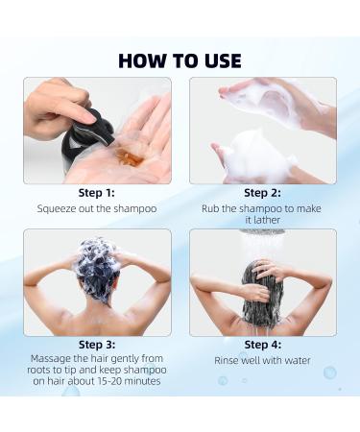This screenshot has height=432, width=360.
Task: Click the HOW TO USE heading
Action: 180,60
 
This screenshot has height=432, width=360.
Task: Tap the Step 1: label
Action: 96,193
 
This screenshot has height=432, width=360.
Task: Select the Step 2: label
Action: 262,193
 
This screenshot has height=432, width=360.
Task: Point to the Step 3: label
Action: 96,344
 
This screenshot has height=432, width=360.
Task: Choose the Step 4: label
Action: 262,344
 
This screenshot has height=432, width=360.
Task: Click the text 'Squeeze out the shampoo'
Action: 96,208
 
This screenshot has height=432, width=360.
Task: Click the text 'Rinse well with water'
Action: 262,360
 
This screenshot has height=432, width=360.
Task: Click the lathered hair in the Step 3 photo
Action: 96,261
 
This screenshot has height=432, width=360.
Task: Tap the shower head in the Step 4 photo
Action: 262,233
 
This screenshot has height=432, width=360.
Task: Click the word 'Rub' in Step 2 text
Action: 212,208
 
